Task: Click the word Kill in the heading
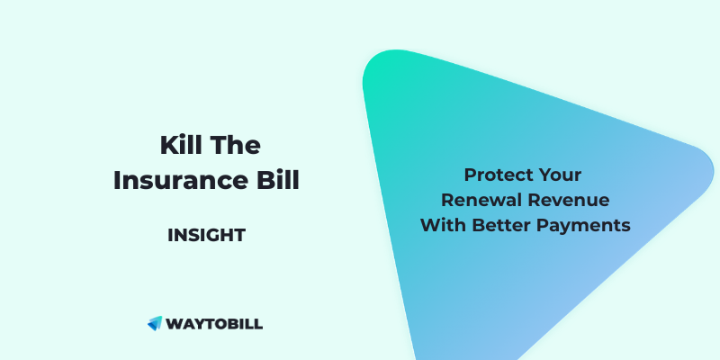(178, 146)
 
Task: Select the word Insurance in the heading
(179, 180)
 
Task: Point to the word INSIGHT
(206, 236)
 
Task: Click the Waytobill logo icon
(154, 323)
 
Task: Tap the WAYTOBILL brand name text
(214, 323)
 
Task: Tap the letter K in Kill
(166, 146)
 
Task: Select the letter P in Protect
(470, 174)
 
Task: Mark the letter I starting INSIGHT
(170, 236)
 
